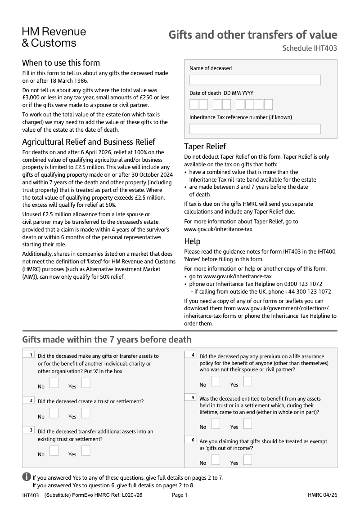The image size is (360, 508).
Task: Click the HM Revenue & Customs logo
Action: [54, 37]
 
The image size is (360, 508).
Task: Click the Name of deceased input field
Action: [255, 80]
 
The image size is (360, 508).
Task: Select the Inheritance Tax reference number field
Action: [255, 129]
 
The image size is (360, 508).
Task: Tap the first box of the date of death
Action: [194, 105]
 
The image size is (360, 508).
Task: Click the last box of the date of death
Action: [268, 105]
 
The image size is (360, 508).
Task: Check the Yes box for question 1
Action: [85, 383]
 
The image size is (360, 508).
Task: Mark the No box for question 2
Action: [54, 413]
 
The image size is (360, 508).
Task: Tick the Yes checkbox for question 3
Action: [85, 450]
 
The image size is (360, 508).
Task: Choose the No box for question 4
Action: [216, 381]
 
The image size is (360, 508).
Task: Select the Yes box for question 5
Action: [247, 423]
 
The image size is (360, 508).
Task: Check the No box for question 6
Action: [216, 459]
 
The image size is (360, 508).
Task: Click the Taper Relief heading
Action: [205, 147]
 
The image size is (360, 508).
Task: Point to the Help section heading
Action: [192, 241]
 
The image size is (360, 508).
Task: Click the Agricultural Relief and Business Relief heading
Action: [89, 142]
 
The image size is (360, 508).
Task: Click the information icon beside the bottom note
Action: [27, 477]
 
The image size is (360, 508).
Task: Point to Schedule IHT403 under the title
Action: [310, 49]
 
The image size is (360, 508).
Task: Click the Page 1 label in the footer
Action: [180, 495]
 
